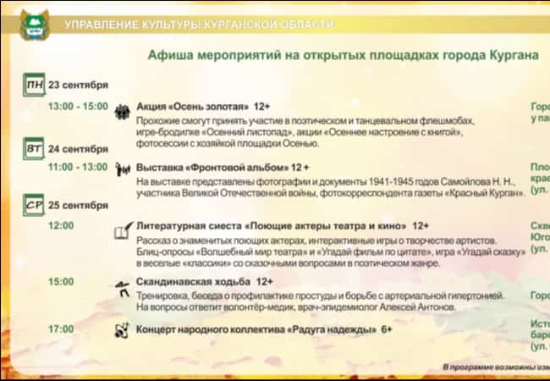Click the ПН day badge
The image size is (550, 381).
[x=34, y=86]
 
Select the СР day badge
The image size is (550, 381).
[x=34, y=205]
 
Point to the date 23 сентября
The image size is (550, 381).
[x=78, y=85]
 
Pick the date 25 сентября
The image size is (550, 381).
[x=78, y=205]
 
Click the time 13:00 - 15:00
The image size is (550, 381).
[x=78, y=107]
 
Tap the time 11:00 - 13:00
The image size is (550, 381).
[x=78, y=167]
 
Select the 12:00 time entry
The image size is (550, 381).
[x=61, y=226]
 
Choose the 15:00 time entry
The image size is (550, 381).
[x=61, y=281]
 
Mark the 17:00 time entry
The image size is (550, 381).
[x=61, y=329]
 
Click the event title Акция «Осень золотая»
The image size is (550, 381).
[x=193, y=108]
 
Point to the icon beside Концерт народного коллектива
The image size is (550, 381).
[x=123, y=329]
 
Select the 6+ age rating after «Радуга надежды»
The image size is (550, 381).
[x=386, y=329]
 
